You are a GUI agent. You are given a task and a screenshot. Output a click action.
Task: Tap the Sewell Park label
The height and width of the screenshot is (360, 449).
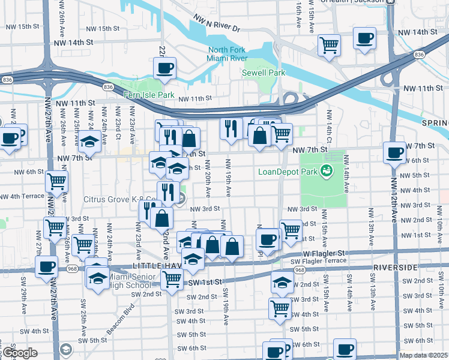click(263, 73)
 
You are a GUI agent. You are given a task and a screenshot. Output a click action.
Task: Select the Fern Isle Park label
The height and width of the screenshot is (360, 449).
click(148, 95)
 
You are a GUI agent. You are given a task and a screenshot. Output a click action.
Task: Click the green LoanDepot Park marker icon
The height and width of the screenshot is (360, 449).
click(327, 171)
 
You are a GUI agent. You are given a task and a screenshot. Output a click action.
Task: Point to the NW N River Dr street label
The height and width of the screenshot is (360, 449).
click(217, 24)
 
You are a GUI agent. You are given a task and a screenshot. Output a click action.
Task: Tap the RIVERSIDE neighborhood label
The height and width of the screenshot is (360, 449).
click(396, 266)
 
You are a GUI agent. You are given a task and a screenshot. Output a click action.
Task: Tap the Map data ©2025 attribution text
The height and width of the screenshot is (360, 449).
click(424, 355)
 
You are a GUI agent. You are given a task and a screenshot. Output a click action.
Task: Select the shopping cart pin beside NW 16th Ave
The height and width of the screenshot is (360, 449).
click(329, 44)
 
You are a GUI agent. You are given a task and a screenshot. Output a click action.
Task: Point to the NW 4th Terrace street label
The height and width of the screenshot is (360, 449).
click(22, 196)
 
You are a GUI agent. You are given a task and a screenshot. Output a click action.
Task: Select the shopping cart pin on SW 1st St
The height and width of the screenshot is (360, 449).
click(172, 278)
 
